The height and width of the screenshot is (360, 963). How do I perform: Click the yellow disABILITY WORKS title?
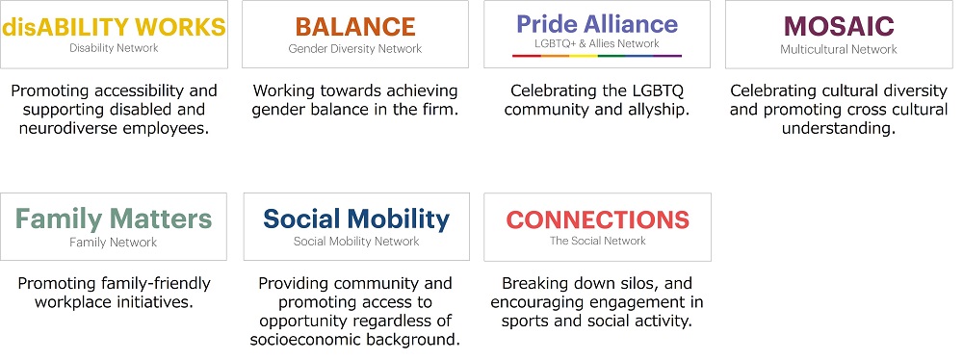(115, 27)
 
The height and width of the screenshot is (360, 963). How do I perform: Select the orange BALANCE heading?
(355, 27)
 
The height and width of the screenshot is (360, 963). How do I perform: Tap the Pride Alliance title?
(597, 25)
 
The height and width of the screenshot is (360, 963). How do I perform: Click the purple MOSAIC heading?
(839, 26)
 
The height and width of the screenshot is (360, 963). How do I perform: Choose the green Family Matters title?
(114, 219)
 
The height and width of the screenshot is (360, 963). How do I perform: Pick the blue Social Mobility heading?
(356, 219)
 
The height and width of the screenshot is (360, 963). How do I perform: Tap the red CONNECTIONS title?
(598, 219)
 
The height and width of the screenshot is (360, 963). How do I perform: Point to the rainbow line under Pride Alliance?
(597, 56)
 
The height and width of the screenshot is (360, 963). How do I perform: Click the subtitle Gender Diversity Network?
(355, 49)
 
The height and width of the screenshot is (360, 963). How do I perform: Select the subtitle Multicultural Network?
(839, 49)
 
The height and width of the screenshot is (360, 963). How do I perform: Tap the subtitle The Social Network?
(598, 241)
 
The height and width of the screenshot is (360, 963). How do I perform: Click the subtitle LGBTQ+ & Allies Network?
(597, 43)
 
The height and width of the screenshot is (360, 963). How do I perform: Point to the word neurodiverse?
(64, 130)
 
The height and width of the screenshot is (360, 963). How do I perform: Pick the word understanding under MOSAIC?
(839, 130)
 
